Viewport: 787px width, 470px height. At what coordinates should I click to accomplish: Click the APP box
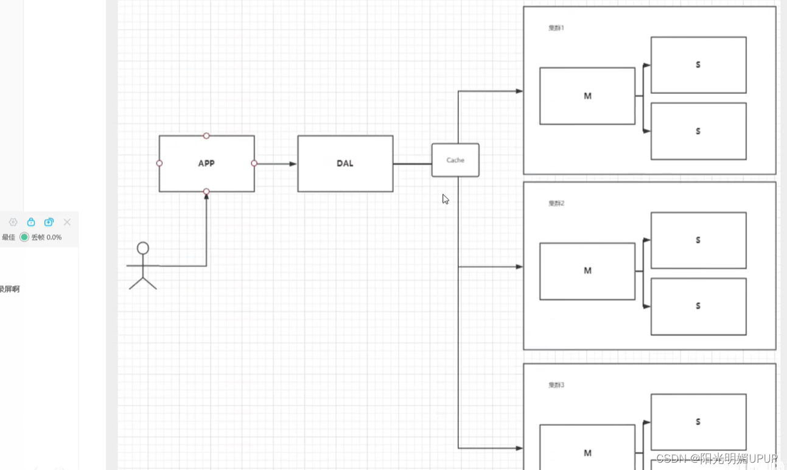206,163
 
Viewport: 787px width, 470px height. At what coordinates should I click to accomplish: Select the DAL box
345,163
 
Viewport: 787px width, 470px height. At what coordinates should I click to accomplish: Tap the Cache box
455,160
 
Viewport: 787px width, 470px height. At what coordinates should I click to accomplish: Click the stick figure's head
143,248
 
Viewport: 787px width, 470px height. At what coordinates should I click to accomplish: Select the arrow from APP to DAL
276,164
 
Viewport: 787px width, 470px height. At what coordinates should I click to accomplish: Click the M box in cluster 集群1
587,96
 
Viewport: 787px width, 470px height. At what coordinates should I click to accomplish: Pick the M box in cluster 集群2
587,271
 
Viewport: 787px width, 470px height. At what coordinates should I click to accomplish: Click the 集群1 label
556,28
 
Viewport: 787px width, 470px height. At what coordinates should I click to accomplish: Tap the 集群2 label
556,203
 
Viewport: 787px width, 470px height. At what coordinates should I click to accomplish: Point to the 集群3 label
556,385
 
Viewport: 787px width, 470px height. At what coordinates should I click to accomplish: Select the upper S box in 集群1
698,65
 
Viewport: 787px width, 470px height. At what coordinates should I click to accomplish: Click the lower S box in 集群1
698,131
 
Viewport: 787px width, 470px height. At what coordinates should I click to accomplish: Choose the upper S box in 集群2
698,240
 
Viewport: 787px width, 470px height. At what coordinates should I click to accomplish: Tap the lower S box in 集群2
698,306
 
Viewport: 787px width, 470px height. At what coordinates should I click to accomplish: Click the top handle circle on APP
206,136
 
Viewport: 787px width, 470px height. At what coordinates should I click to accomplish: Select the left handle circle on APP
159,163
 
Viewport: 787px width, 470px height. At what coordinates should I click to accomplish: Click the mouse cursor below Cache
446,199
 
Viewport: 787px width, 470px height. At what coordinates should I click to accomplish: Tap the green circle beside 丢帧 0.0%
24,237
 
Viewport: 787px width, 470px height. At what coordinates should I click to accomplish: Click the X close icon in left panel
67,222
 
